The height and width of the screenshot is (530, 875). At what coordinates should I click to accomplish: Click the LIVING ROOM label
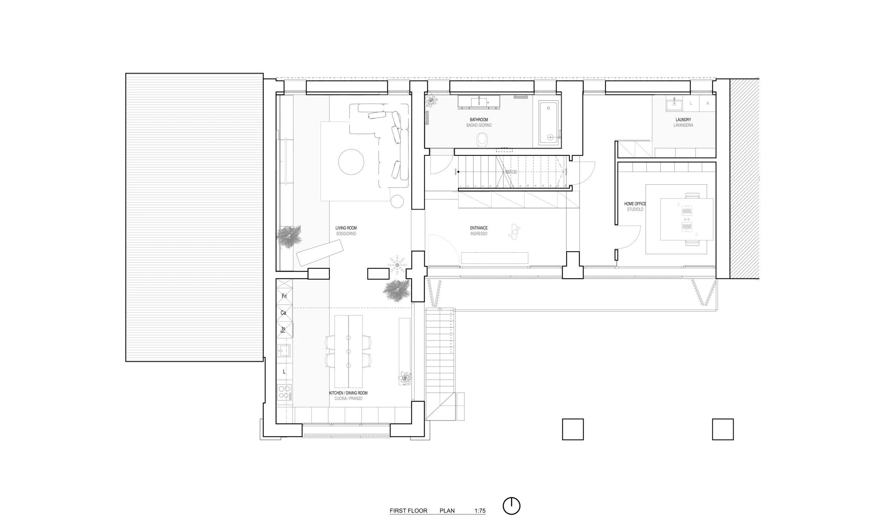click(x=346, y=228)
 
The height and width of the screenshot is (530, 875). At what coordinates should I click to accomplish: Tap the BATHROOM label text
click(x=479, y=120)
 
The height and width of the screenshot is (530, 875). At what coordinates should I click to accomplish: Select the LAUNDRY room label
click(x=683, y=120)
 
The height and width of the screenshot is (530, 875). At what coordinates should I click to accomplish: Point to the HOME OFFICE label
click(x=635, y=204)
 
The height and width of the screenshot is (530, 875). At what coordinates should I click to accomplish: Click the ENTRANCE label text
click(x=479, y=228)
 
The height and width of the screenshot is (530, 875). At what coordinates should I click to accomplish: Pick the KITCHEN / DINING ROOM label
click(x=348, y=393)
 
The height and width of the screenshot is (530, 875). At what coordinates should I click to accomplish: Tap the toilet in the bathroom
click(x=482, y=140)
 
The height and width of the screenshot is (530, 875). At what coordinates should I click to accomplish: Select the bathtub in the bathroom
click(x=549, y=123)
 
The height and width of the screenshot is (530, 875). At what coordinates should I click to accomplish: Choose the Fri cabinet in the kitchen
click(x=284, y=296)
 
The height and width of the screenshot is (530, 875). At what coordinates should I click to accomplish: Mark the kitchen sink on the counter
click(x=284, y=350)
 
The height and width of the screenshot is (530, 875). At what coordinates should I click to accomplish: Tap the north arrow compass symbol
click(x=511, y=506)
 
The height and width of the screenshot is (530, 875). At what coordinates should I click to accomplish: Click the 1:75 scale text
click(x=480, y=511)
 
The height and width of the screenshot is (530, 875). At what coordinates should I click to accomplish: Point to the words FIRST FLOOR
click(x=408, y=511)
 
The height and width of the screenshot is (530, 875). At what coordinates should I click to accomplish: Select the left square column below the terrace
click(x=573, y=429)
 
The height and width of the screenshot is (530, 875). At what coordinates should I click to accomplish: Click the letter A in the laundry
click(x=708, y=103)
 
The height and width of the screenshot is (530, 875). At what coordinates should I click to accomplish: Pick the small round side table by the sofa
click(x=397, y=201)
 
